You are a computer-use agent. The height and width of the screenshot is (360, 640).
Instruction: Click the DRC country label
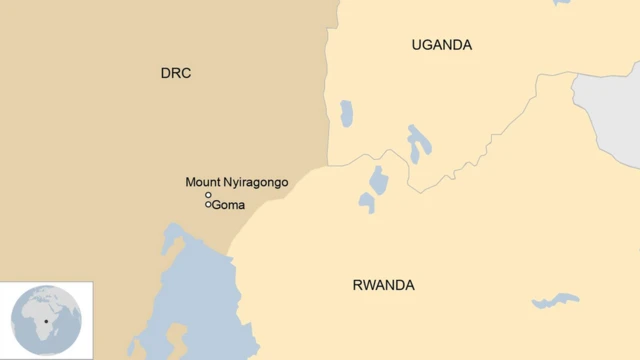point(175,73)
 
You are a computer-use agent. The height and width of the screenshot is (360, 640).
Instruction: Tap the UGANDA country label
point(441,45)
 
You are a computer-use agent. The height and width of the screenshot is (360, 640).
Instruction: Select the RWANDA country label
point(383,285)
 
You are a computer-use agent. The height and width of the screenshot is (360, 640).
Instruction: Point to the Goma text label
point(229,205)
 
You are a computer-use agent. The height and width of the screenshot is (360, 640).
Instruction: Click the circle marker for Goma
point(209,205)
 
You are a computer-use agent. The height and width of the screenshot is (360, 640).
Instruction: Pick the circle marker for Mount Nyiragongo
point(209,195)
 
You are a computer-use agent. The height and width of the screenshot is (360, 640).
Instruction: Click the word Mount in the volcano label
point(203,182)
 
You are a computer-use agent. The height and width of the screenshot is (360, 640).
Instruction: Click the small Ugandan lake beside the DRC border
point(346,113)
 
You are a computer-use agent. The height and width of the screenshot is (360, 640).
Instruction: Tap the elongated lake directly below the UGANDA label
point(418,143)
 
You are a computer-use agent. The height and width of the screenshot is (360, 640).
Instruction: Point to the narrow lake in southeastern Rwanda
point(556,300)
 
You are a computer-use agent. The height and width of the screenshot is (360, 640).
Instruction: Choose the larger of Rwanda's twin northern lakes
point(378,179)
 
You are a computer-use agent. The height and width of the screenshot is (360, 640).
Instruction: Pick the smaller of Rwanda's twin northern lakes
point(367,203)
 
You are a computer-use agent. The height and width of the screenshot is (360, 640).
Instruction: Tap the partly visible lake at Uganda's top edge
point(562,3)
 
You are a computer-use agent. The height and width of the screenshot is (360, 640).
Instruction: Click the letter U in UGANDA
point(416,45)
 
